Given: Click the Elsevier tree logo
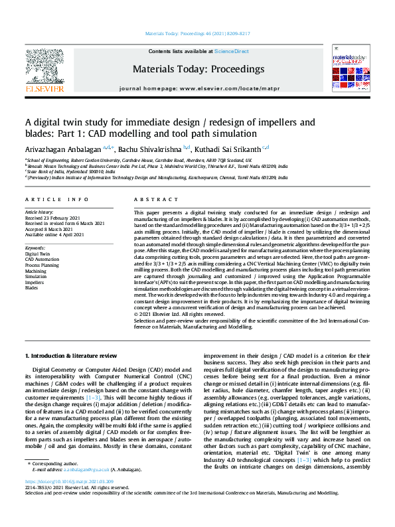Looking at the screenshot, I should point(44,66).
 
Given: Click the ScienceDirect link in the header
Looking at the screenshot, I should point(232,51).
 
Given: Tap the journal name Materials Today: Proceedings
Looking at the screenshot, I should point(198,69).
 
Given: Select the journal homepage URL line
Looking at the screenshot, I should point(198,88).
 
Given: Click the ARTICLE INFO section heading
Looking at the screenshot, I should point(56,199).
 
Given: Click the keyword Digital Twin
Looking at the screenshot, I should point(37,254).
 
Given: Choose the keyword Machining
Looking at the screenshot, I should point(36,271).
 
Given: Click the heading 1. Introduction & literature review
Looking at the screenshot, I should point(70,356).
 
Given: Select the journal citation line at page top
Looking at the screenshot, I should point(198,33).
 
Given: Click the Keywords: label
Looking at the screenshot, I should point(35,248).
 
